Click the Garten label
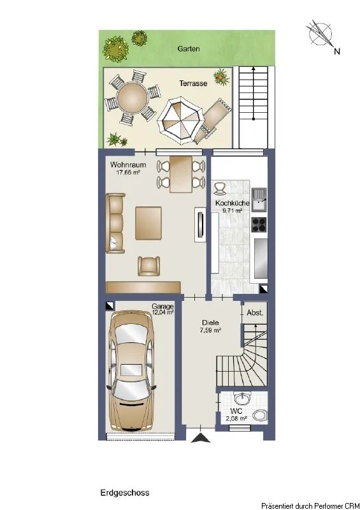pyautogui.click(x=189, y=49)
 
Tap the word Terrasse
pyautogui.click(x=193, y=84)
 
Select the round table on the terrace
pyautogui.click(x=132, y=98)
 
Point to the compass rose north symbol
pyautogui.click(x=320, y=34)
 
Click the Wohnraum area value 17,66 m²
pyautogui.click(x=128, y=172)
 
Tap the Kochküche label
pyautogui.click(x=232, y=203)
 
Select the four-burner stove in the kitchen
pyautogui.click(x=259, y=225)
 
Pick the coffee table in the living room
pyautogui.click(x=148, y=223)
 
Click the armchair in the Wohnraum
pyautogui.click(x=148, y=266)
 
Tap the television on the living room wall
pyautogui.click(x=199, y=225)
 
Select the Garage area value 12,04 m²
pyautogui.click(x=163, y=312)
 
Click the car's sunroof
pyautogui.click(x=131, y=370)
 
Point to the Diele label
pyautogui.click(x=210, y=323)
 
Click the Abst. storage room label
pyautogui.click(x=255, y=313)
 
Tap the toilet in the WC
pyautogui.click(x=260, y=415)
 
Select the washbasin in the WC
pyautogui.click(x=243, y=397)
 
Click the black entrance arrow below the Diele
pyautogui.click(x=200, y=438)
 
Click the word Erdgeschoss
pyautogui.click(x=125, y=493)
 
